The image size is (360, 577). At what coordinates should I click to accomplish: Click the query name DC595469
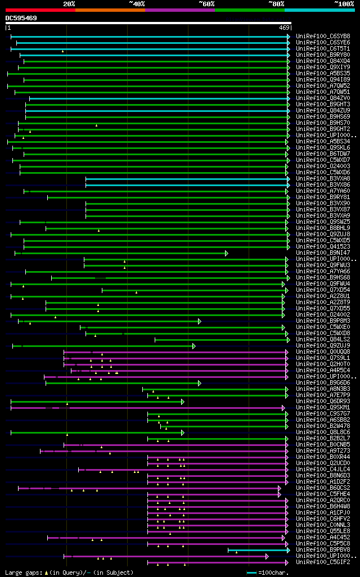pyautogui.click(x=21, y=18)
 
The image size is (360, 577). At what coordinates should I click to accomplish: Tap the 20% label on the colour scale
pyautogui.click(x=69, y=4)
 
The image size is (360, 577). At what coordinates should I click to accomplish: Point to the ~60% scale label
pyautogui.click(x=206, y=4)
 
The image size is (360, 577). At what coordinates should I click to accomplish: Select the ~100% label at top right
pyautogui.click(x=344, y=4)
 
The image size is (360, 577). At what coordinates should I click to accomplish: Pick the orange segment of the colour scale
pyautogui.click(x=110, y=10)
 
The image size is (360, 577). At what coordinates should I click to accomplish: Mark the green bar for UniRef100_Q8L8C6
pyautogui.click(x=96, y=432)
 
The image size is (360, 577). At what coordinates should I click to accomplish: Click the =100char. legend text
pyautogui.click(x=273, y=573)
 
